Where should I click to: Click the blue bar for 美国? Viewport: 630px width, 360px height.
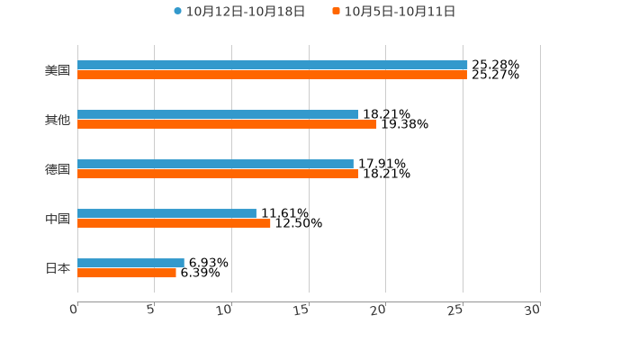pyautogui.click(x=273, y=65)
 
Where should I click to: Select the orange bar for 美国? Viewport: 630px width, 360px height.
pyautogui.click(x=272, y=75)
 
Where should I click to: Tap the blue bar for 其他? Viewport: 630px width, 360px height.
pyautogui.click(x=218, y=114)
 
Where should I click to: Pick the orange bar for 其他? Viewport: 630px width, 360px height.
pyautogui.click(x=227, y=124)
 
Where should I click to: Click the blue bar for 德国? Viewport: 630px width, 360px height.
pyautogui.click(x=215, y=164)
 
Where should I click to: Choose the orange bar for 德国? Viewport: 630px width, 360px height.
pyautogui.click(x=218, y=174)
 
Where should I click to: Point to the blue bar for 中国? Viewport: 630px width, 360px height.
pyautogui.click(x=166, y=213)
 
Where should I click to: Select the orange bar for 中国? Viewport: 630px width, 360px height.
pyautogui.click(x=174, y=223)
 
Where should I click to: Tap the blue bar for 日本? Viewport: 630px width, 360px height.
pyautogui.click(x=130, y=263)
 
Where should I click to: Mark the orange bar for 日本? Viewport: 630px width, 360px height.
pyautogui.click(x=127, y=273)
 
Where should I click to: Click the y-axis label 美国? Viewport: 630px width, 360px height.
pyautogui.click(x=58, y=70)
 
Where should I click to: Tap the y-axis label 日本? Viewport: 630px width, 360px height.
pyautogui.click(x=58, y=268)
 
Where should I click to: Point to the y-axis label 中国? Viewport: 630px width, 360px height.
pyautogui.click(x=58, y=219)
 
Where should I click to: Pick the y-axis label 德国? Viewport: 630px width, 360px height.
pyautogui.click(x=58, y=169)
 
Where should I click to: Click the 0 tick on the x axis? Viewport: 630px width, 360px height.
pyautogui.click(x=75, y=310)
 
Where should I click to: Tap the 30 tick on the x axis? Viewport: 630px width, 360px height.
pyautogui.click(x=533, y=310)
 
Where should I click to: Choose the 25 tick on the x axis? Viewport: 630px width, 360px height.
pyautogui.click(x=456, y=310)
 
